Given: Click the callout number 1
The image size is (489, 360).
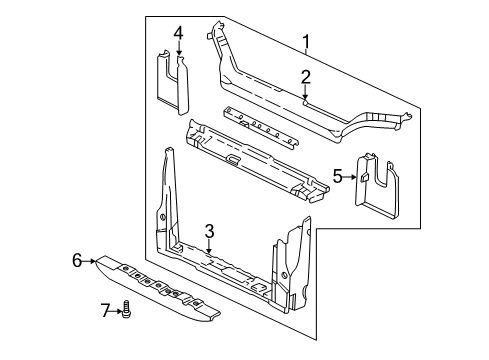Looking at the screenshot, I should click(x=306, y=41).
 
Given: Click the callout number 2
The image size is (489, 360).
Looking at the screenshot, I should click(x=306, y=76).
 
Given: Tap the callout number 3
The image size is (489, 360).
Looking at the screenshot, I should click(x=209, y=231).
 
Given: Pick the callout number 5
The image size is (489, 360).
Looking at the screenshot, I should click(x=338, y=177).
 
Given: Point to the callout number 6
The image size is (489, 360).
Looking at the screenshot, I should click(x=76, y=261).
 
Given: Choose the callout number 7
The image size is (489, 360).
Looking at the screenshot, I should click(x=108, y=312).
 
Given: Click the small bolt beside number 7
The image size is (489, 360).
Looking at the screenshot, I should click(x=127, y=312).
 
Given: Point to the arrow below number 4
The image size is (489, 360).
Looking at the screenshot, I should click(x=178, y=52).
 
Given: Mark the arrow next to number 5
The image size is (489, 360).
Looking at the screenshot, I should click(x=352, y=177).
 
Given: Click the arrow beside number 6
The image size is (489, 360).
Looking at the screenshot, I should click(x=90, y=261).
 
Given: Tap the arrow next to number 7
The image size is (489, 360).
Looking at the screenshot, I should click(x=118, y=312).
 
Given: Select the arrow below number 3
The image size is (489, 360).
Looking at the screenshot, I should click(x=209, y=247).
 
